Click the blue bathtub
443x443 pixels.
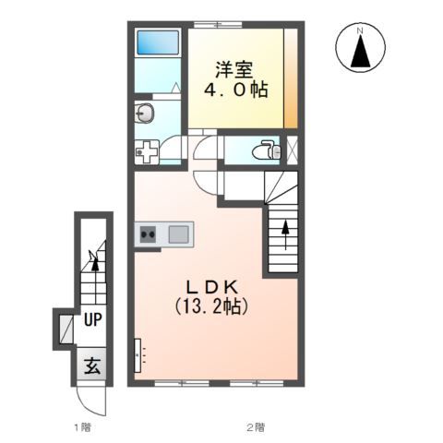click(x=158, y=42)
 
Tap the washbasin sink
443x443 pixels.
click(x=145, y=114)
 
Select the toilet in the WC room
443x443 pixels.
click(x=267, y=150)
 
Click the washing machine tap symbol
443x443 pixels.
click(x=147, y=151)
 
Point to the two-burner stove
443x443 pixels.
click(x=148, y=234)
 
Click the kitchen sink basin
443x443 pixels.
click(x=178, y=234)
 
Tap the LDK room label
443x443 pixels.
click(x=211, y=288)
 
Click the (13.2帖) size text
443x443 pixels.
click(x=211, y=306)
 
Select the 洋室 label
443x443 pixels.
click(x=233, y=70)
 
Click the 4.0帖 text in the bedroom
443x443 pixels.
click(x=236, y=90)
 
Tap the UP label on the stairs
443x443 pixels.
click(x=92, y=320)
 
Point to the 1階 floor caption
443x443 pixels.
click(x=83, y=427)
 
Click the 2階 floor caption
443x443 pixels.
click(x=256, y=427)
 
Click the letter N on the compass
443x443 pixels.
click(x=360, y=30)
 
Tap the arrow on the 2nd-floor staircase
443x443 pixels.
click(x=286, y=234)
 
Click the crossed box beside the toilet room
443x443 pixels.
click(x=292, y=150)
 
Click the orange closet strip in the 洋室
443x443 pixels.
click(x=291, y=78)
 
